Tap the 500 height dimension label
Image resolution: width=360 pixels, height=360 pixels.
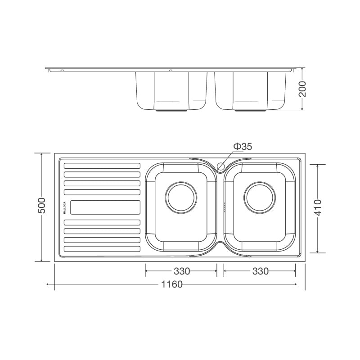[41, 207]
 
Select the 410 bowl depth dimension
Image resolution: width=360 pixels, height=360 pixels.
[318, 208]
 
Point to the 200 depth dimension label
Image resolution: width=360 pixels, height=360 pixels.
[302, 89]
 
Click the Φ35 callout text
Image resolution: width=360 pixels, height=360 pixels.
[243, 147]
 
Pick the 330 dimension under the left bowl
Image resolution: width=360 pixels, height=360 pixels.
[181, 271]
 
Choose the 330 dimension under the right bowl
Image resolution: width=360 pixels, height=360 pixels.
[260, 271]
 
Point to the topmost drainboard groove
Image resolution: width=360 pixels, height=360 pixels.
[102, 165]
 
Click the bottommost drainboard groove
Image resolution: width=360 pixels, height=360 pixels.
[102, 249]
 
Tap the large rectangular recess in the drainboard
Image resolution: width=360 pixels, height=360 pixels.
[105, 207]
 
